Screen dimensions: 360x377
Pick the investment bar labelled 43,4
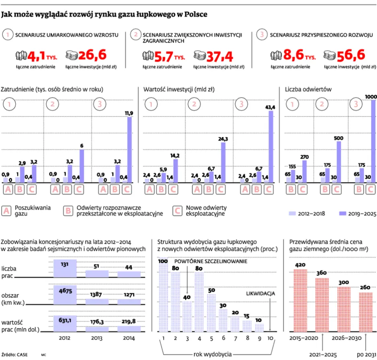pyautogui.click(x=271, y=147)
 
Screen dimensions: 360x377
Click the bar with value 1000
pyautogui.click(x=373, y=141)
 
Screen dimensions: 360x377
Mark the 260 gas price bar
pyautogui.click(x=365, y=312)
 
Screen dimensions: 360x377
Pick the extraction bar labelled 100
pyautogui.click(x=163, y=298)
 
